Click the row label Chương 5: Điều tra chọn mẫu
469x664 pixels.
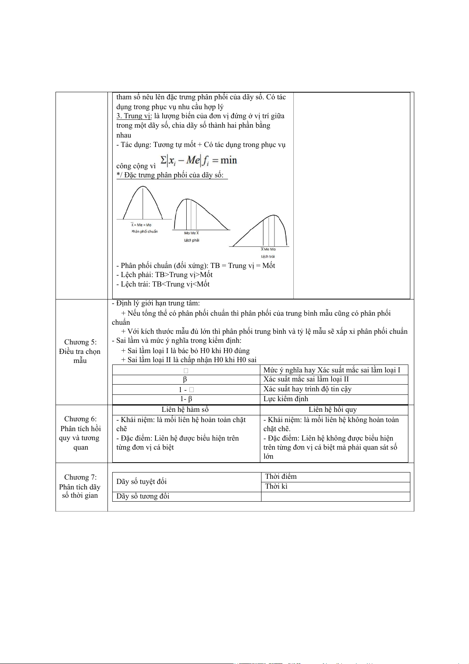(80, 351)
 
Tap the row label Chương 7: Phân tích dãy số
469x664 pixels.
(80, 486)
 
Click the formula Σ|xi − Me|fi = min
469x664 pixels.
(199, 161)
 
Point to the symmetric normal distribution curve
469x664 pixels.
(143, 203)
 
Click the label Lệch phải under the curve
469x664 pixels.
(192, 240)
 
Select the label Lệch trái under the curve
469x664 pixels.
(268, 257)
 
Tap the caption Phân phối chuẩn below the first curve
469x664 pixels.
(145, 232)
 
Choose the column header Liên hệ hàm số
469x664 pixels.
(185, 410)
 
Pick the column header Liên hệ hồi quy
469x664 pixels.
(333, 410)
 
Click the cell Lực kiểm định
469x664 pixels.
(286, 399)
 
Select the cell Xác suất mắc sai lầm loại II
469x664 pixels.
(306, 379)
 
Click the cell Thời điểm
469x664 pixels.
(281, 477)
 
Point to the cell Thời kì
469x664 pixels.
(276, 487)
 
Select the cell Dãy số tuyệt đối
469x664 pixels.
(141, 482)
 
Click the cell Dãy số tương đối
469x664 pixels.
(143, 497)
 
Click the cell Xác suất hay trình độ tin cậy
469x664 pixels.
(307, 389)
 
